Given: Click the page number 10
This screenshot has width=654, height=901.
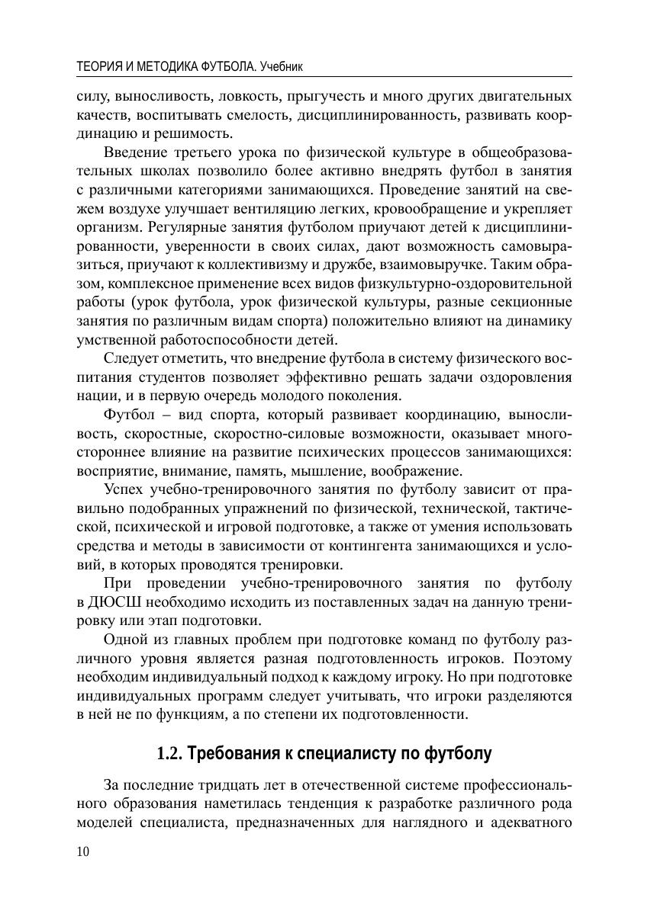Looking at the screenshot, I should click(x=83, y=852).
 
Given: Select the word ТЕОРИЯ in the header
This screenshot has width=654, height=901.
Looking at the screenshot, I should click(x=99, y=67).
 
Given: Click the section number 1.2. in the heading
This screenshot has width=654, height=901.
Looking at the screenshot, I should click(x=169, y=755).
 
